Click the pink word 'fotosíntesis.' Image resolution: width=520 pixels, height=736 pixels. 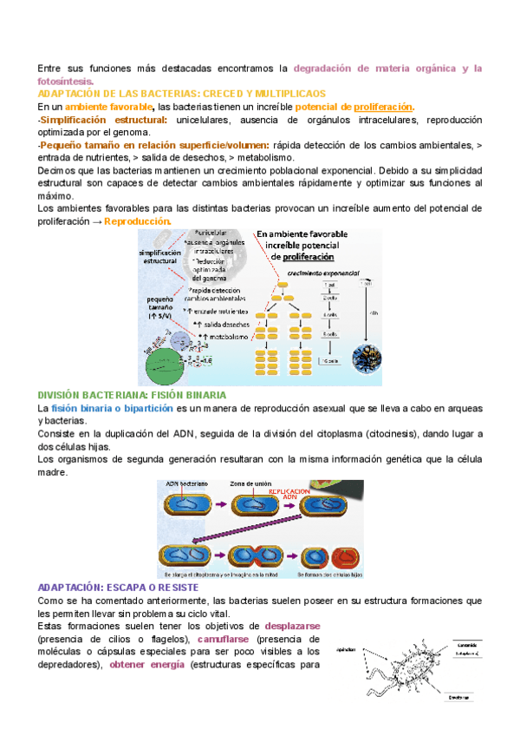tap(72, 80)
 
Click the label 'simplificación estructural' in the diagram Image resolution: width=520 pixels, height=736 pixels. tap(158, 257)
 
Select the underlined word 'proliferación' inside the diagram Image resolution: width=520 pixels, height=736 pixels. tap(302, 257)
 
